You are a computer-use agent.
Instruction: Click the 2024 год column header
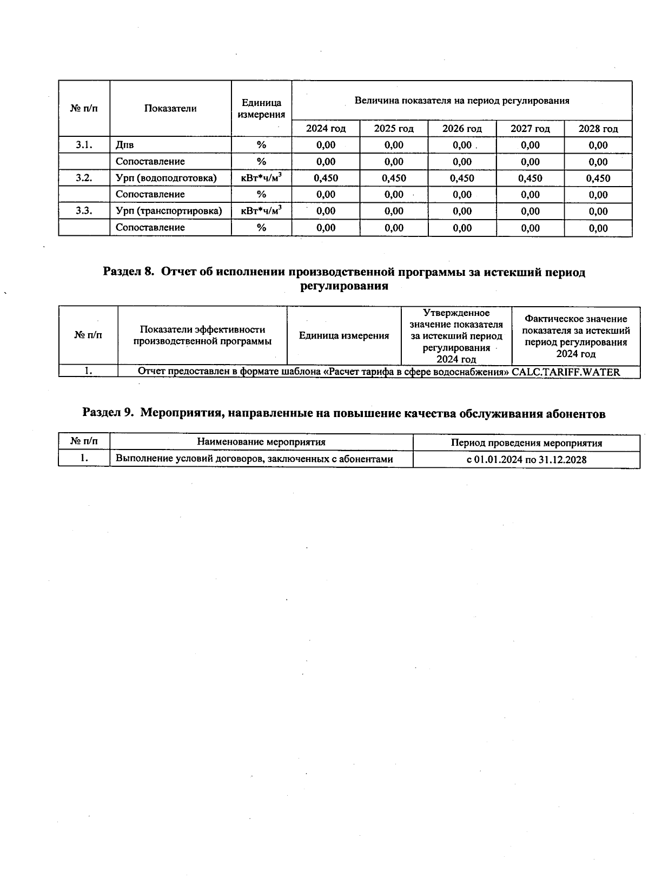[326, 129]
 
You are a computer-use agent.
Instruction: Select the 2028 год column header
[598, 129]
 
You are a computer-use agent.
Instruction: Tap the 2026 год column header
[462, 129]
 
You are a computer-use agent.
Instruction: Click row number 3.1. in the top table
[84, 145]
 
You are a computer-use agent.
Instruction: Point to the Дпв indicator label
[125, 145]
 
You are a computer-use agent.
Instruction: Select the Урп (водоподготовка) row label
[166, 178]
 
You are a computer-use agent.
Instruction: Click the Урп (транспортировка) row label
[169, 211]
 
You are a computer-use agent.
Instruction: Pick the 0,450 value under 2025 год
[394, 178]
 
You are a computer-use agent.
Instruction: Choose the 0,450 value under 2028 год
[598, 178]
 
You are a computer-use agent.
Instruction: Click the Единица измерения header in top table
[261, 109]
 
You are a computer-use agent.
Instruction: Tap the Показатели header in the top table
[170, 109]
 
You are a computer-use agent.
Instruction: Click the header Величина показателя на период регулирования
[462, 101]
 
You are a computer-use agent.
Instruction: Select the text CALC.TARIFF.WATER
[566, 372]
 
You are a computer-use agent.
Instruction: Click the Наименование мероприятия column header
[261, 442]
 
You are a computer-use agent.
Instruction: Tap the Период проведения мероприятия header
[526, 443]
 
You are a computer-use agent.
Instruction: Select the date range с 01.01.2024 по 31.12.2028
[526, 460]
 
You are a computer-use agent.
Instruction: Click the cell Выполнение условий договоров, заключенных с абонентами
[254, 459]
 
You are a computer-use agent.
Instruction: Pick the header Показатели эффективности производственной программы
[202, 335]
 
